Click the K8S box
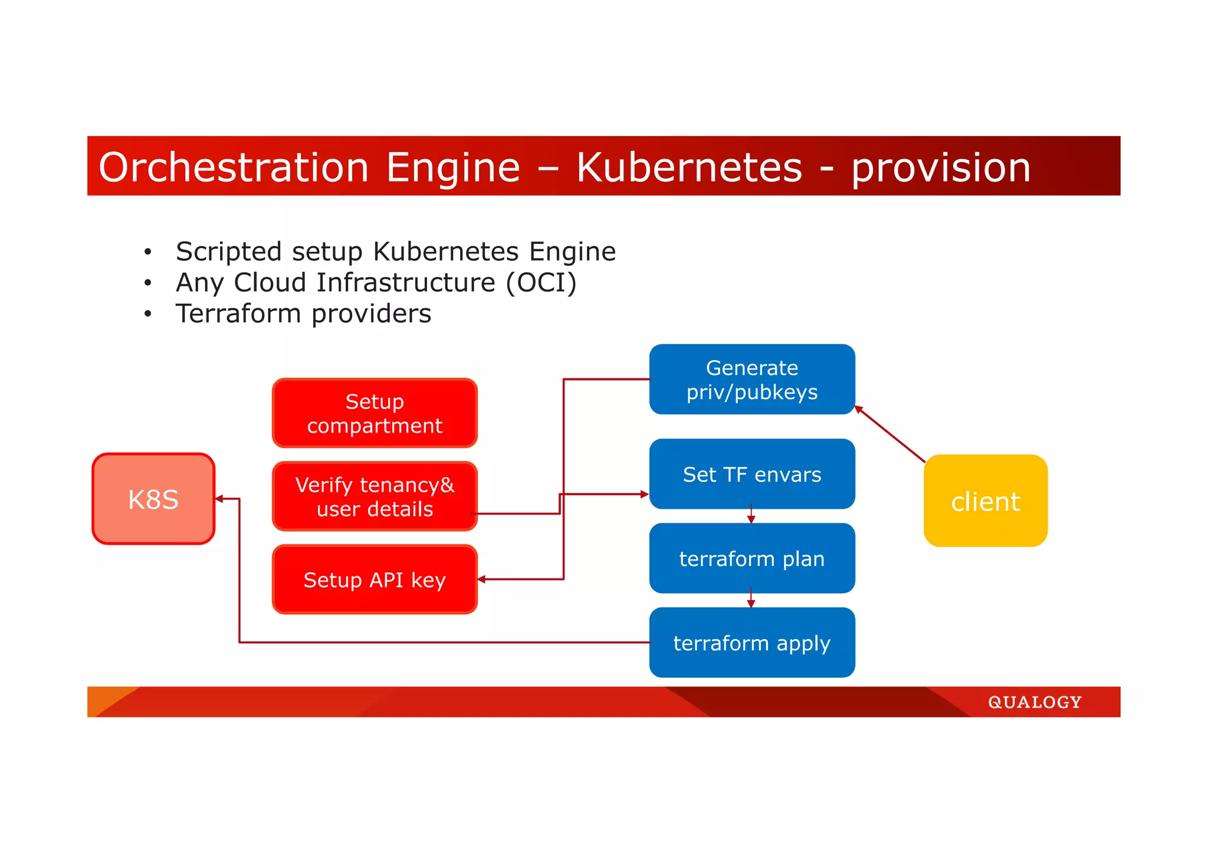coord(153,499)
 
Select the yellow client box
coord(985,500)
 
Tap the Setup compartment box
coord(375,413)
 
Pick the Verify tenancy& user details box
coord(375,496)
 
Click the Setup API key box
coord(375,579)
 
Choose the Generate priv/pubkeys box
coord(752,379)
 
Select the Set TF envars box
coord(752,474)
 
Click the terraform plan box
coord(752,558)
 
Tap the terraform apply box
coord(752,643)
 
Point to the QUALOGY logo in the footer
coord(1035,702)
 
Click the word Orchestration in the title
coord(234,167)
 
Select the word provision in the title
coord(941,167)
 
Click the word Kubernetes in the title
coord(689,167)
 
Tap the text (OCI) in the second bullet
coord(541,282)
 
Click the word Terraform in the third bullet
coord(238,314)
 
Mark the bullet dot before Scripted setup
coord(148,252)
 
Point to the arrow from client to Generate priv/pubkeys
coord(889,434)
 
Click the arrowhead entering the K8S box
coord(219,499)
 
